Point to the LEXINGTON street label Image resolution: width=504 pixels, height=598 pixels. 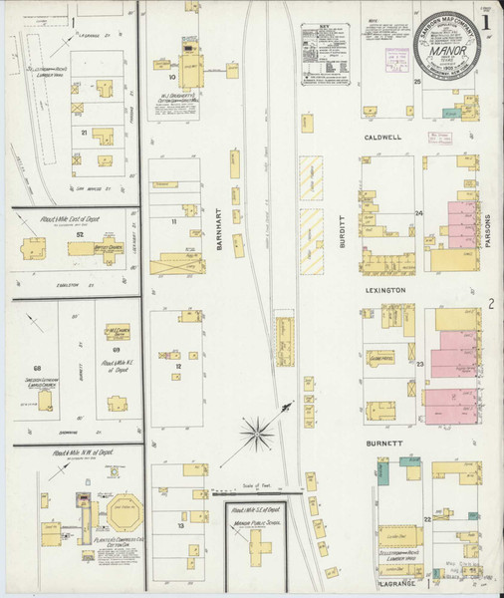coord(384,290)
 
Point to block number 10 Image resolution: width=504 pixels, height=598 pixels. coord(172,76)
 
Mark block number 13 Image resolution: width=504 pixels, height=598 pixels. coord(182,525)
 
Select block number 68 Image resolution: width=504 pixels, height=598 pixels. coord(38,369)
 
